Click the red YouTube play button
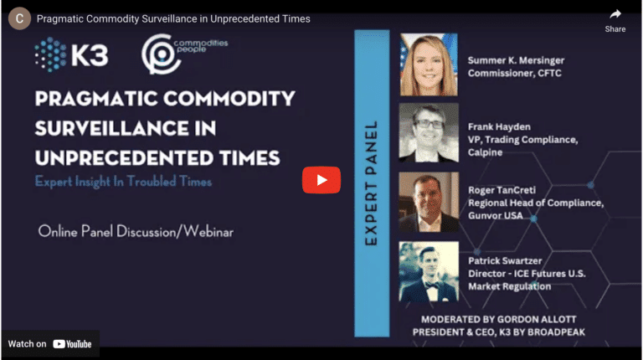click(321, 180)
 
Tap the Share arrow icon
click(615, 15)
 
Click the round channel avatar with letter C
click(19, 18)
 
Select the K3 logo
click(71, 54)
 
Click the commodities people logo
click(184, 54)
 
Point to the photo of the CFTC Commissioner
click(429, 64)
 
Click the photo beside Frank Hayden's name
click(429, 132)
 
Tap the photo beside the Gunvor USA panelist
click(429, 202)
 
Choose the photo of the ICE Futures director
click(429, 271)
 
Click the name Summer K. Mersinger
click(516, 60)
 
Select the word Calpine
click(485, 152)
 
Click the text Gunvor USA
click(496, 215)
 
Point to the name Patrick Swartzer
click(505, 260)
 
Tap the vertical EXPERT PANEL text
click(371, 183)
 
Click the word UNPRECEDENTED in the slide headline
click(124, 158)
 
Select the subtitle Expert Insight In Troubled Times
click(123, 182)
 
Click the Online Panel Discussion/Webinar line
click(136, 232)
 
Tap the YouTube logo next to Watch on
click(72, 344)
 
